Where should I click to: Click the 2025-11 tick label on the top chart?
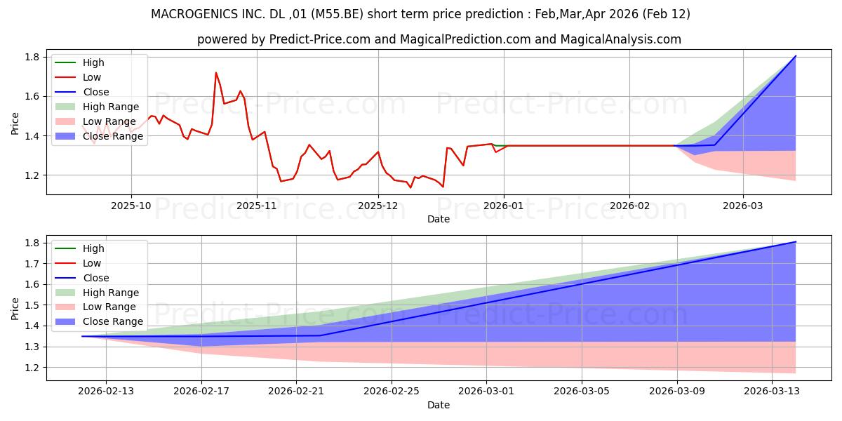[x=257, y=206]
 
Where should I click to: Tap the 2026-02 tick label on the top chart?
[x=629, y=206]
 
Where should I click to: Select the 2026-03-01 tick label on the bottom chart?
[x=486, y=392]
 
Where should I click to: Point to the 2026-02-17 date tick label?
[x=201, y=392]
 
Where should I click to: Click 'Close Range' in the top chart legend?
[x=113, y=136]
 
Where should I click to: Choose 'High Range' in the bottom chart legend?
[x=111, y=293]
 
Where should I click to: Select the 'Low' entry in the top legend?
[x=92, y=77]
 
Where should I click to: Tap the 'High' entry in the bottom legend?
[x=93, y=248]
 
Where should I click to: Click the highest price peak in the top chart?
[x=216, y=72]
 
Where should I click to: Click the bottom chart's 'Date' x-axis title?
[x=439, y=405]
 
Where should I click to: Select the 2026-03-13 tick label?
[x=771, y=392]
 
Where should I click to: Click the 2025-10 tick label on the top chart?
[x=131, y=206]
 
